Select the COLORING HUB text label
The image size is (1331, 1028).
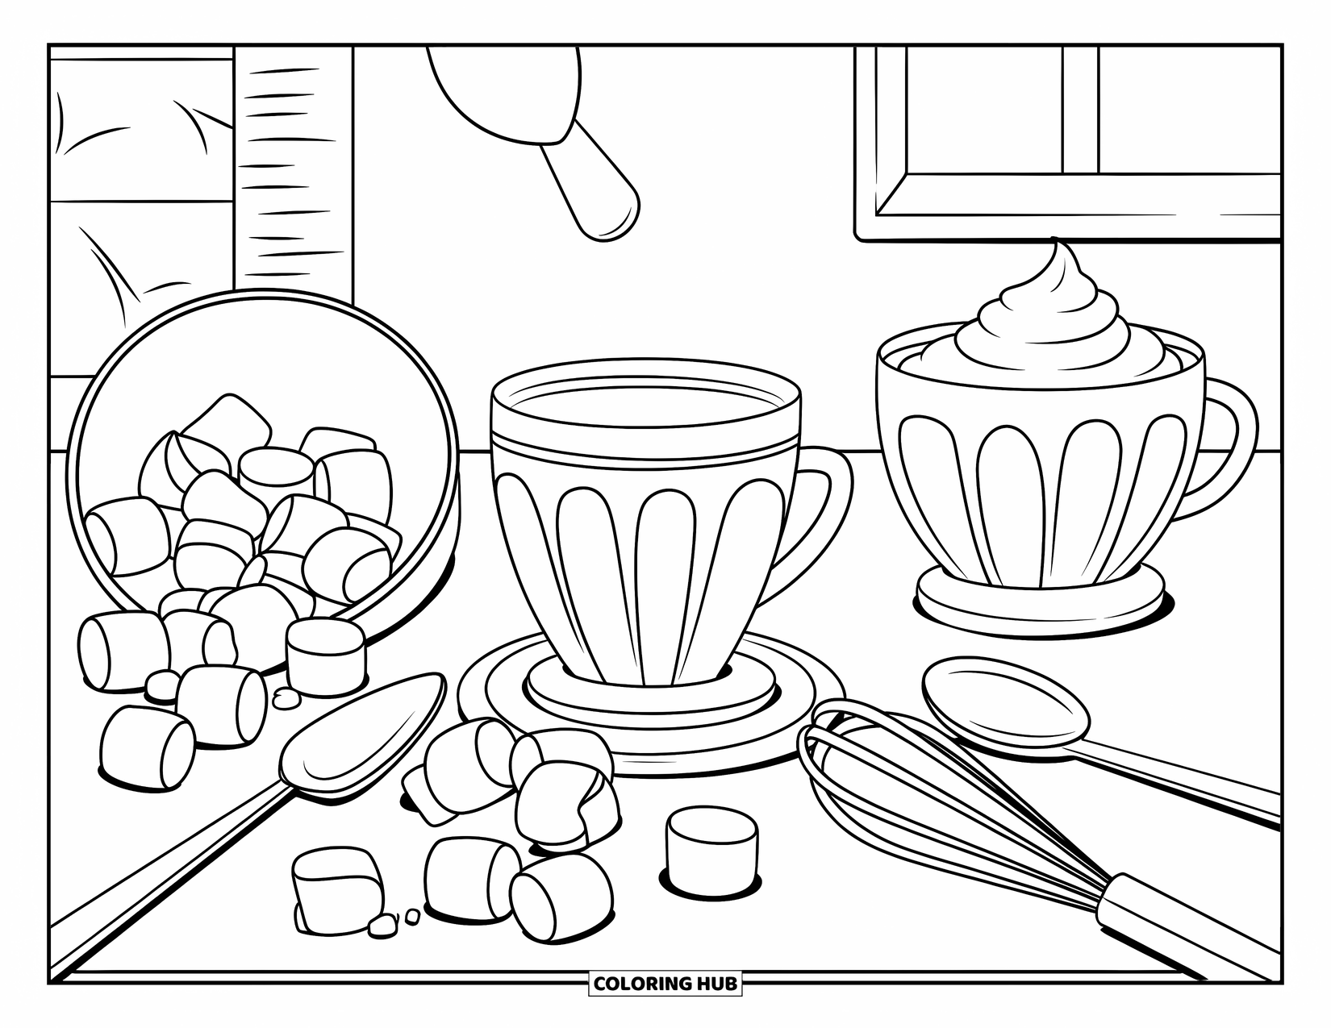point(665,983)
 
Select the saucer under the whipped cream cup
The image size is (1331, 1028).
point(1041,601)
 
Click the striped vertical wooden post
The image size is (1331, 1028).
point(294,161)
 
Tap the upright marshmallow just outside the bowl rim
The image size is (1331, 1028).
point(326,649)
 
